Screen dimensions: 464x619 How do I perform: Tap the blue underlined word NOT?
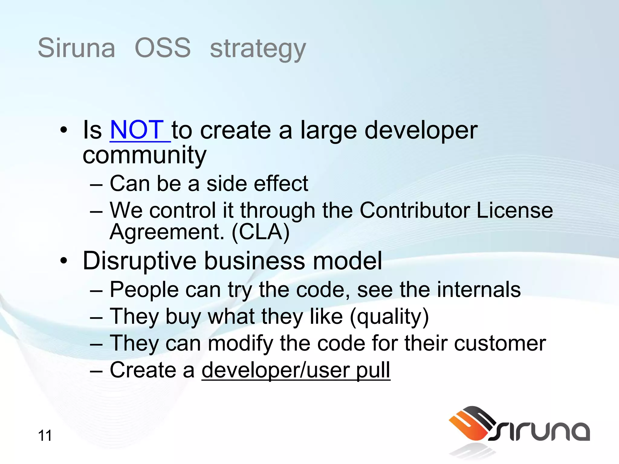click(137, 130)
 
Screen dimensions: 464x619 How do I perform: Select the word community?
click(144, 155)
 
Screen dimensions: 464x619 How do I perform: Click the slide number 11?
click(45, 436)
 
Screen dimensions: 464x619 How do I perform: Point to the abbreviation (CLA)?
click(261, 232)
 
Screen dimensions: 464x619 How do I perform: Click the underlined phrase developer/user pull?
click(296, 370)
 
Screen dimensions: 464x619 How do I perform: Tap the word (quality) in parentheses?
click(389, 317)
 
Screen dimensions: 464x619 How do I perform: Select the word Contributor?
click(415, 210)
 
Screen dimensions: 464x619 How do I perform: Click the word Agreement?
click(167, 232)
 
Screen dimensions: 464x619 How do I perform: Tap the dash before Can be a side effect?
click(96, 184)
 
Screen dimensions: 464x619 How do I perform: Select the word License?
click(515, 210)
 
